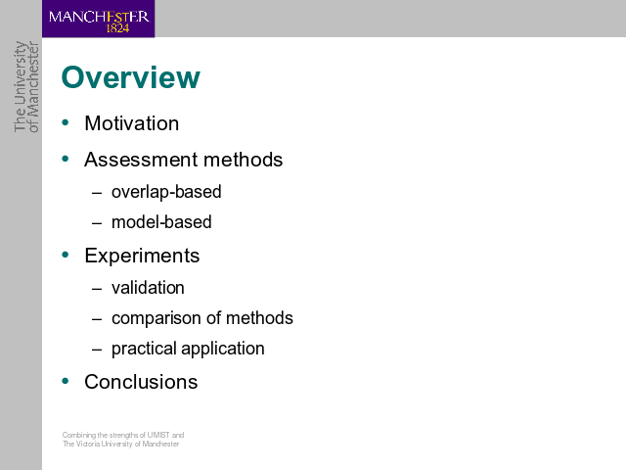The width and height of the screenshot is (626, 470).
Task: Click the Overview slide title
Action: click(130, 77)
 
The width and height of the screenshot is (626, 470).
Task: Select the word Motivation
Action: click(132, 123)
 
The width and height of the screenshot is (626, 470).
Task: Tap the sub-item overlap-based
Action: click(166, 192)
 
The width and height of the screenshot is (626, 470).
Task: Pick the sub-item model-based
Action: click(161, 222)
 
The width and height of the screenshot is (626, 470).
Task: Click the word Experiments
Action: click(142, 256)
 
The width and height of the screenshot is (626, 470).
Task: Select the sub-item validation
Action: click(148, 288)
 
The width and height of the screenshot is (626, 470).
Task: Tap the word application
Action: click(223, 349)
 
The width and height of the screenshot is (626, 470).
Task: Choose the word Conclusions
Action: click(141, 382)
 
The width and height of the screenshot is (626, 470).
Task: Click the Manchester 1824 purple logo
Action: click(98, 19)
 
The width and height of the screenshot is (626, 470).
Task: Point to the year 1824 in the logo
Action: click(117, 28)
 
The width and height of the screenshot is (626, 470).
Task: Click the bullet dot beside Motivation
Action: click(66, 122)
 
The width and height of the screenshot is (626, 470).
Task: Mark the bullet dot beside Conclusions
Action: click(66, 381)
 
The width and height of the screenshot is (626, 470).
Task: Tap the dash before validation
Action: click(97, 289)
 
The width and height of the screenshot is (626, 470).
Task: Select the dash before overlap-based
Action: click(97, 193)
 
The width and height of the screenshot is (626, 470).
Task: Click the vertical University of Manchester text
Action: click(26, 86)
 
